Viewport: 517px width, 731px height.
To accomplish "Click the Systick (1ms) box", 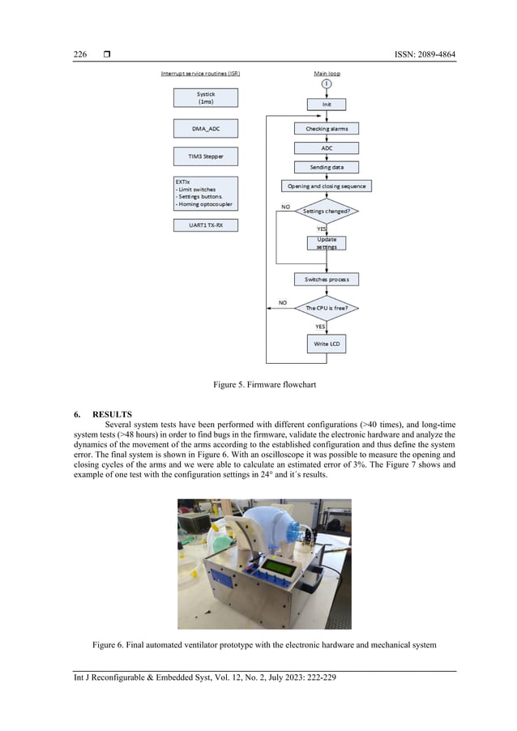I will tap(206, 97).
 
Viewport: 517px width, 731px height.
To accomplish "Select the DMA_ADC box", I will tap(206, 128).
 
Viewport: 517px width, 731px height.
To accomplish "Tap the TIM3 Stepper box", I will tap(206, 156).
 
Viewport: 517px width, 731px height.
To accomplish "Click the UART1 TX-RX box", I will tap(206, 225).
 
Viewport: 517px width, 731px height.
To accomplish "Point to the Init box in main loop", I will tap(326, 104).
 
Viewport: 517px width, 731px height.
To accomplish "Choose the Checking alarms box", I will tap(326, 128).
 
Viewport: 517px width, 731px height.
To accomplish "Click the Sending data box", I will tap(326, 166).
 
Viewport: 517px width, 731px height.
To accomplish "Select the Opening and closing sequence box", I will tap(326, 186).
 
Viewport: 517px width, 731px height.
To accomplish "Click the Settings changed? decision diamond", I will tap(326, 211).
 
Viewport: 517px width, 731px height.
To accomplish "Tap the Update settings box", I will tap(326, 243).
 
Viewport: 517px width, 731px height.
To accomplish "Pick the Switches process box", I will tap(326, 279).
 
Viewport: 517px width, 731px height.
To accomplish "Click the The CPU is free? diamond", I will tap(326, 308).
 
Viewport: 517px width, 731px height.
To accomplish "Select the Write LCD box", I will tap(326, 344).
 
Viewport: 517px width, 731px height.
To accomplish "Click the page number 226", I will tap(80, 54).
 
